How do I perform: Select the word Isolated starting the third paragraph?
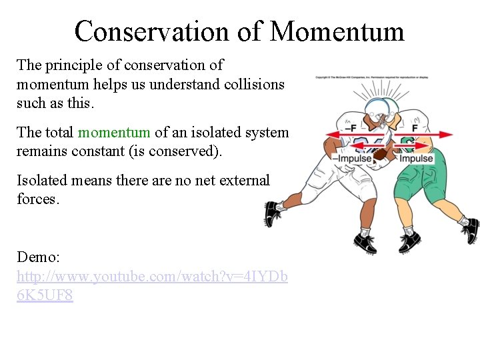[43, 180]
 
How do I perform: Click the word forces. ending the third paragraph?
[38, 199]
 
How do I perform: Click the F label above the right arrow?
[414, 127]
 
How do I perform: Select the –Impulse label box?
[352, 159]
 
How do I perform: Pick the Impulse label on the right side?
[416, 159]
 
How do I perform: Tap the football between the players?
[381, 154]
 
